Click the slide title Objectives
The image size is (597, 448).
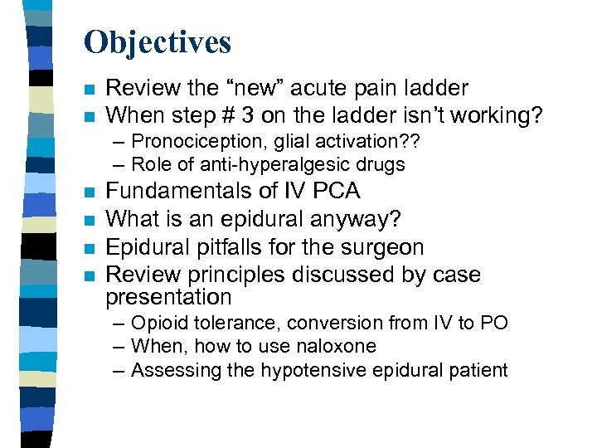point(158,41)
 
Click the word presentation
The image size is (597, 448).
point(169,296)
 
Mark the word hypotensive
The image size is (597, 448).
point(309,370)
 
